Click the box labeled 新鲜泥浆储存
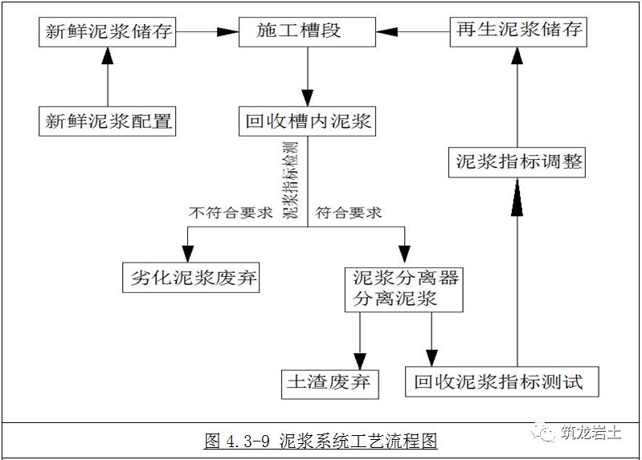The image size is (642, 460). [108, 32]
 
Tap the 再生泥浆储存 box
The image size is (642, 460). [517, 32]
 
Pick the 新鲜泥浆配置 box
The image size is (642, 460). [108, 122]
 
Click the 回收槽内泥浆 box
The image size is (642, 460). [308, 122]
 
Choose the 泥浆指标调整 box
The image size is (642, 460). [517, 163]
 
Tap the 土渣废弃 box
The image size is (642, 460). [329, 381]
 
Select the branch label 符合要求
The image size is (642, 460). [348, 214]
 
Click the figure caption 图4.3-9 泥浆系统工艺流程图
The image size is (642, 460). [321, 441]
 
